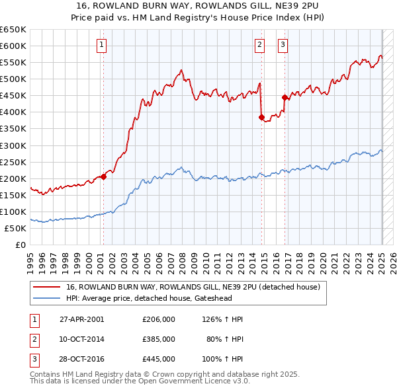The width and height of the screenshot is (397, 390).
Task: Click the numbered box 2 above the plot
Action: point(259,45)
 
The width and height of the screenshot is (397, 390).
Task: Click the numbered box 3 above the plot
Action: point(283,45)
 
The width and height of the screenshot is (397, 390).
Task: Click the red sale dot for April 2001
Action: point(103,176)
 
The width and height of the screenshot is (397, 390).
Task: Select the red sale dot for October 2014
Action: point(261,117)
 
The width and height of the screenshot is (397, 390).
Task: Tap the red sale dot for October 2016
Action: point(285,97)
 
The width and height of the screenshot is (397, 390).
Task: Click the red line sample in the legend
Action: point(48,287)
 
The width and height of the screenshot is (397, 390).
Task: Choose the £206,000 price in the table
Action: point(159,319)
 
